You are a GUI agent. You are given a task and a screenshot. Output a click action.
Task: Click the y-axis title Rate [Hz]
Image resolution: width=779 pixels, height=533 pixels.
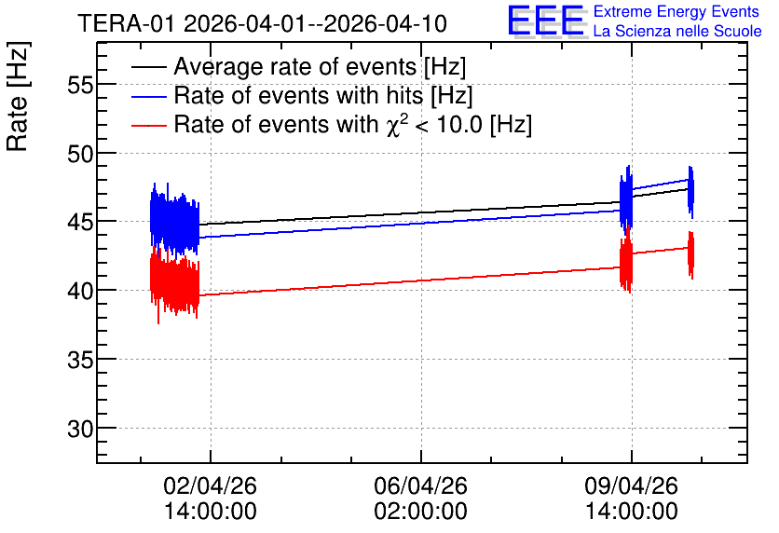pyautogui.click(x=18, y=96)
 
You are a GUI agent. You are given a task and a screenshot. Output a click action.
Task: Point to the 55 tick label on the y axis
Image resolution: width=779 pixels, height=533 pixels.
pyautogui.click(x=80, y=86)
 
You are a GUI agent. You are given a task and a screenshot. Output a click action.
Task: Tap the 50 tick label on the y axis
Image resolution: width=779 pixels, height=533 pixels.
pyautogui.click(x=80, y=154)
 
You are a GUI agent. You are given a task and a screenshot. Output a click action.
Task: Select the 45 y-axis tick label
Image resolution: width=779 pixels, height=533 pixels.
pyautogui.click(x=80, y=222)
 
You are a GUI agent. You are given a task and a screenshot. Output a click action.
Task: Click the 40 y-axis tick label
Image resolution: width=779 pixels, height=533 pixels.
pyautogui.click(x=80, y=291)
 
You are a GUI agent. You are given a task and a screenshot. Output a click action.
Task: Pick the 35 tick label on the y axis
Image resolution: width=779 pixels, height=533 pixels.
pyautogui.click(x=80, y=360)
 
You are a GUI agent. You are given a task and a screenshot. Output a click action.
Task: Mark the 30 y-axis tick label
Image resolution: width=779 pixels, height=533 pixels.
pyautogui.click(x=80, y=429)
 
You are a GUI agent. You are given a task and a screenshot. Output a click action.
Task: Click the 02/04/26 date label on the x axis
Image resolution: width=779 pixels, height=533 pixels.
pyautogui.click(x=211, y=485)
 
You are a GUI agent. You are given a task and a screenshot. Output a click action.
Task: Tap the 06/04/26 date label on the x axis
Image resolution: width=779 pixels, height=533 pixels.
pyautogui.click(x=421, y=485)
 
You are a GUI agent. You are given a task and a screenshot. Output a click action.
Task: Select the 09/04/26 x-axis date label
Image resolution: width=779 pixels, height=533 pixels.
pyautogui.click(x=632, y=485)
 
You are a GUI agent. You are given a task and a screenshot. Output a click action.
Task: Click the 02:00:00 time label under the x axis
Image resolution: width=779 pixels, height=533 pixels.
pyautogui.click(x=421, y=512)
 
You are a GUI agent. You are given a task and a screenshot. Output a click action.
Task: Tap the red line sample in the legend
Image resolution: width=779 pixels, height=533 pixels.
pyautogui.click(x=148, y=125)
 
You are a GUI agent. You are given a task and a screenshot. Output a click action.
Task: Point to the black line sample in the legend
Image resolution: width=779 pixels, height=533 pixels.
pyautogui.click(x=148, y=67)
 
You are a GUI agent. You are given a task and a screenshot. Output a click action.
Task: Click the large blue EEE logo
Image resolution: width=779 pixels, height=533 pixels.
pyautogui.click(x=546, y=20)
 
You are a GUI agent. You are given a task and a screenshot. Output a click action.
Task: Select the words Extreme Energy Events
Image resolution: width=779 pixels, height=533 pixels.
pyautogui.click(x=676, y=11)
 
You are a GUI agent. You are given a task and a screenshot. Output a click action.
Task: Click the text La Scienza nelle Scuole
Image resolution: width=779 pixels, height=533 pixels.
pyautogui.click(x=677, y=32)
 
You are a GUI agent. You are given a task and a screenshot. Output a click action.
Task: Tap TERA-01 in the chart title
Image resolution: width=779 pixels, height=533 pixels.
pyautogui.click(x=127, y=24)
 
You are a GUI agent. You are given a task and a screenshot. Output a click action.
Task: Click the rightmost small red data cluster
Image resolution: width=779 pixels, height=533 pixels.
pyautogui.click(x=690, y=254)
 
